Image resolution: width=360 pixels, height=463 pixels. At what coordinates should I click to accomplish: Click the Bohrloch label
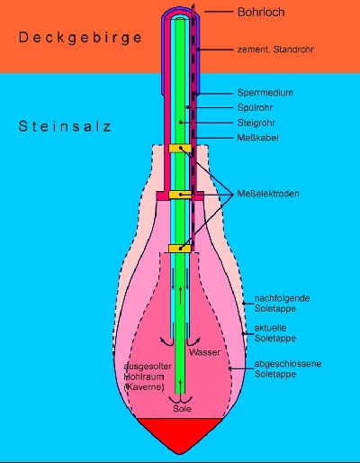click(261, 13)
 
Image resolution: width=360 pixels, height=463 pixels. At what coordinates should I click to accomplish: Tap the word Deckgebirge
click(80, 38)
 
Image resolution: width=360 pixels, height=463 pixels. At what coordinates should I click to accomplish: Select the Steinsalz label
click(65, 126)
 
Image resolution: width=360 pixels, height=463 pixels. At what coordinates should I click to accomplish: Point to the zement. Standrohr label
click(275, 50)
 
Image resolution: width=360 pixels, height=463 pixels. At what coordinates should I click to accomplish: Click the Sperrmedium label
click(265, 93)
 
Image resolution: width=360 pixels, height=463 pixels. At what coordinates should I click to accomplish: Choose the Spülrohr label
click(255, 107)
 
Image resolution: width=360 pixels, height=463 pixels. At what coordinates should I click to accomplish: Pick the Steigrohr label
click(256, 123)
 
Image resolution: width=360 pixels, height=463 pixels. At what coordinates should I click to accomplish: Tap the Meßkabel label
click(257, 138)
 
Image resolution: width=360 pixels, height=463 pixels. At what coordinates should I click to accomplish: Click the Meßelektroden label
click(268, 194)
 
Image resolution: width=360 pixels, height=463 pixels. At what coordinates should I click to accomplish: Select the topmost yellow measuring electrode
click(180, 149)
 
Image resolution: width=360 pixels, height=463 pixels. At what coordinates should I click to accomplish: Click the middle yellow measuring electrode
click(180, 195)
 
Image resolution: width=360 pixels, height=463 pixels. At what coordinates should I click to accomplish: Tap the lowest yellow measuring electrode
click(180, 249)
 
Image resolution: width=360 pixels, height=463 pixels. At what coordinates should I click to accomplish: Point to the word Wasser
click(204, 352)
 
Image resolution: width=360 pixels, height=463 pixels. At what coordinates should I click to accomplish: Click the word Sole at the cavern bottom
click(182, 409)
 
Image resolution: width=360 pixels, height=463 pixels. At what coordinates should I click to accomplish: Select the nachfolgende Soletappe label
click(283, 304)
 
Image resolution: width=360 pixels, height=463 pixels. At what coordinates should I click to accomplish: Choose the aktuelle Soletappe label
click(275, 333)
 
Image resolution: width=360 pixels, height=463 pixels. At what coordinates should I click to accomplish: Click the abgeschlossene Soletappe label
click(288, 368)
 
